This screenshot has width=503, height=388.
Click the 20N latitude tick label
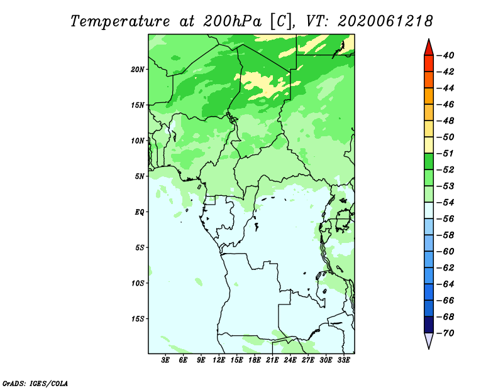[138, 70]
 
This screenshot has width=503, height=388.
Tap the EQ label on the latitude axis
[140, 212]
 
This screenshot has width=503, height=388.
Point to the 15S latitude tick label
[138, 319]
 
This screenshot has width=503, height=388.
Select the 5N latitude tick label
[140, 176]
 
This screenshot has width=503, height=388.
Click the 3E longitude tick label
[165, 360]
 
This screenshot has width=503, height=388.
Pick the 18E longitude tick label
[255, 360]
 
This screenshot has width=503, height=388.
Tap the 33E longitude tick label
[343, 360]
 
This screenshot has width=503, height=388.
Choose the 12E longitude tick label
[219, 360]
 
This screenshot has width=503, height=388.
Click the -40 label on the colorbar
[446, 55]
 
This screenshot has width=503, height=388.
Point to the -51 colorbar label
[446, 153]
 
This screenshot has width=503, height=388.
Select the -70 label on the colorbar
[446, 333]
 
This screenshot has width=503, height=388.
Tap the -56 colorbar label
[446, 219]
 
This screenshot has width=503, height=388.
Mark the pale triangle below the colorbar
[429, 340]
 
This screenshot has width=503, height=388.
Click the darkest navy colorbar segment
[429, 325]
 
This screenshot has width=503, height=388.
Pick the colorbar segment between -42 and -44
[429, 80]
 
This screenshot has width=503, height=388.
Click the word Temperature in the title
[120, 22]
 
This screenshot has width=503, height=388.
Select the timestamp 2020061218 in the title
[385, 21]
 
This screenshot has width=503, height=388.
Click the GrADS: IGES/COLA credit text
[35, 384]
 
